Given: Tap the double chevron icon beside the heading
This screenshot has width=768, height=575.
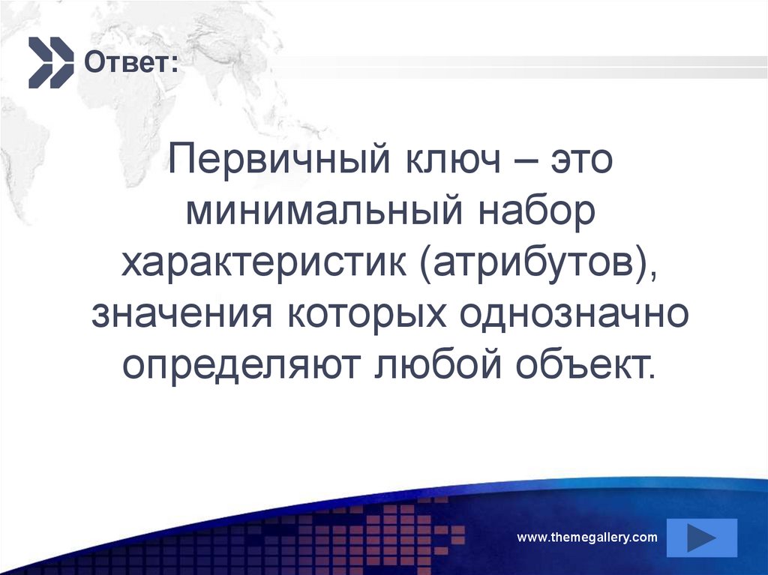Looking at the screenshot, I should click(51, 62).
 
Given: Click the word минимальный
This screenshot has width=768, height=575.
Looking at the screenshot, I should click(328, 214).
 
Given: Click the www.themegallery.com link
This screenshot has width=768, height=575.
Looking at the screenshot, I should click(587, 538).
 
